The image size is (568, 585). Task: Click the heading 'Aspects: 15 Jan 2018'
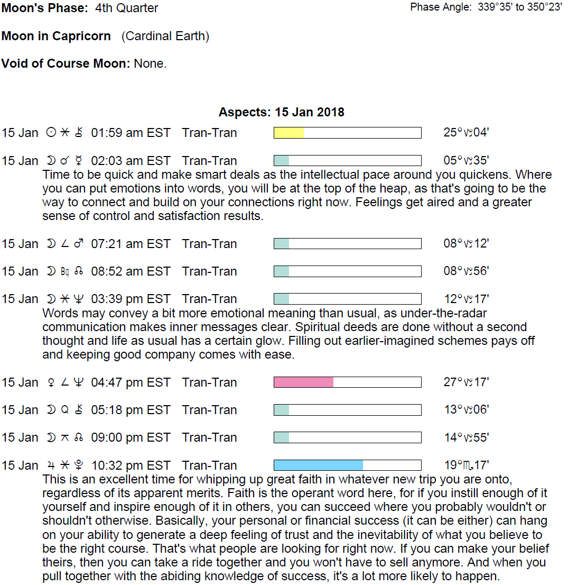point(281,112)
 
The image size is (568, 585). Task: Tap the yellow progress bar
point(289,133)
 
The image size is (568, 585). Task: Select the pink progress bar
point(304,382)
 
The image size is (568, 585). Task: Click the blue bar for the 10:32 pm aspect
point(318,465)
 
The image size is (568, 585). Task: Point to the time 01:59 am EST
point(131,133)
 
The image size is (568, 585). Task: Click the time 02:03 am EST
point(131,161)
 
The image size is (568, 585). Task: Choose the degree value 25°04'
point(466,133)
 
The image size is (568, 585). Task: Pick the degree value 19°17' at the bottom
point(466,465)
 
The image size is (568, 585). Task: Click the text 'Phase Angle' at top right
point(440,7)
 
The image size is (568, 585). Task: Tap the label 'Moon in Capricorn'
point(56,36)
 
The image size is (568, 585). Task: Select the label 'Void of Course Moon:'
point(66,64)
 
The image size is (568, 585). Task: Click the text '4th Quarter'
point(127,8)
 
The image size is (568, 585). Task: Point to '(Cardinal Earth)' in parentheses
point(165,36)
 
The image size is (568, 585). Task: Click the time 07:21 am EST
point(131,244)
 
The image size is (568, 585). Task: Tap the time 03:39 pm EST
point(131,299)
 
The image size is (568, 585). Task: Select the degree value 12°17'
point(466,299)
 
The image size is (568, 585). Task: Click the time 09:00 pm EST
point(131,437)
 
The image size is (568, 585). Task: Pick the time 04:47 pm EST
point(131,382)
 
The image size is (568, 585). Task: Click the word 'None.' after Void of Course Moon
point(150,64)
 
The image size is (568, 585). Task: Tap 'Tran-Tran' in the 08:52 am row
point(209,271)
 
